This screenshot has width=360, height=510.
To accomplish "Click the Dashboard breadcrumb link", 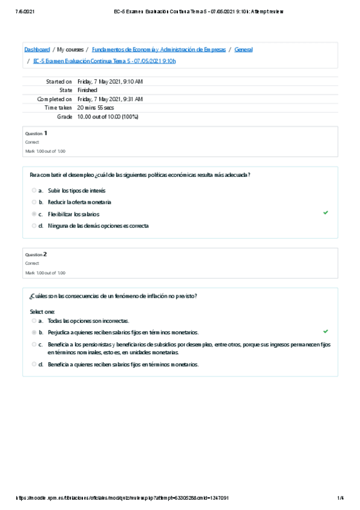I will point(37,49).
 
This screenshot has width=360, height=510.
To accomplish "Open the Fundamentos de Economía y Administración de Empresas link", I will point(159,49).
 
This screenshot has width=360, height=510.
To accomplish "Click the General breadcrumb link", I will point(243,49).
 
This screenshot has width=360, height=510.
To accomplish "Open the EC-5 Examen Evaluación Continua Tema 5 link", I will point(105,61).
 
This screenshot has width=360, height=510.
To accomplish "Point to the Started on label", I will point(59,81).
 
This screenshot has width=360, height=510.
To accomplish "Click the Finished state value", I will point(87,90).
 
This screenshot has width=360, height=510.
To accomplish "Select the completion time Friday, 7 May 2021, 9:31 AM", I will point(110,99).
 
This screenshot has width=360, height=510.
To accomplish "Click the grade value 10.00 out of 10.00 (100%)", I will point(108,116).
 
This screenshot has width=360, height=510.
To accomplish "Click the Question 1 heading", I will point(36,133).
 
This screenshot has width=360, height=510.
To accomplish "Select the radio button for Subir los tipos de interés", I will point(34,190).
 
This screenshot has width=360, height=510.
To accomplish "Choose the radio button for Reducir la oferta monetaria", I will point(34,202).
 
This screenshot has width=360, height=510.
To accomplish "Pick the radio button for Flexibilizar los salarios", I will point(34,214).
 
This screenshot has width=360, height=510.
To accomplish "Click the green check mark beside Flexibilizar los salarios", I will point(326,213).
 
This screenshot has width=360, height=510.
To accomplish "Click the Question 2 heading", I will point(36,254).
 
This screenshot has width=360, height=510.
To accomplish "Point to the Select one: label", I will point(42,312).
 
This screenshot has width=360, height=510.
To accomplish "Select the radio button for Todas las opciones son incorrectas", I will point(34,321).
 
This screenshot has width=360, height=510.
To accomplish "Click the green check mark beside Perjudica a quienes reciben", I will point(326,331).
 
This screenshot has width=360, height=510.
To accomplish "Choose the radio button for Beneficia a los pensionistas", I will point(34,345).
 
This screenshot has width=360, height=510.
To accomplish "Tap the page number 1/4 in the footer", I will point(341,497).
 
